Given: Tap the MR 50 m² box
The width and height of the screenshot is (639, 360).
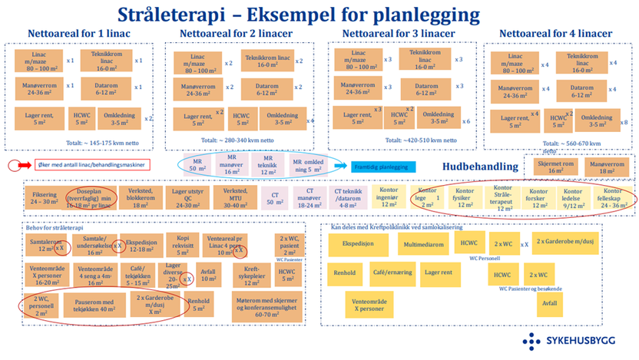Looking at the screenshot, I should point(197,165).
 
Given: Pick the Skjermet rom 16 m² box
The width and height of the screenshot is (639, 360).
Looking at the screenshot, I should point(551,167).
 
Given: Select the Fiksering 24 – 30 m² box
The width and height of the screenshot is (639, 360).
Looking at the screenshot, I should point(44,197).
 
